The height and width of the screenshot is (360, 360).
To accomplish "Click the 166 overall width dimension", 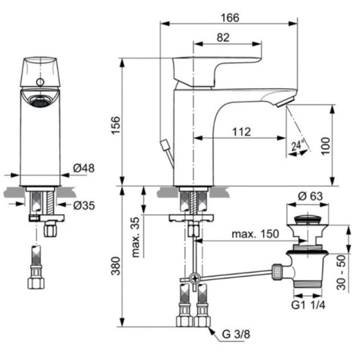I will [x=229, y=17].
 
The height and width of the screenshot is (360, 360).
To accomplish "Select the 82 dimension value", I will [x=223, y=37].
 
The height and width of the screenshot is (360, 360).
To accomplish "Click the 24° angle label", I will [x=297, y=145].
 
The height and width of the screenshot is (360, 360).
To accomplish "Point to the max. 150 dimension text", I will [x=256, y=234].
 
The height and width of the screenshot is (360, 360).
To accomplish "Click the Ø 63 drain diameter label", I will [x=310, y=196].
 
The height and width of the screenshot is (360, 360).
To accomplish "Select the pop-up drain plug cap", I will [x=309, y=216].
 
